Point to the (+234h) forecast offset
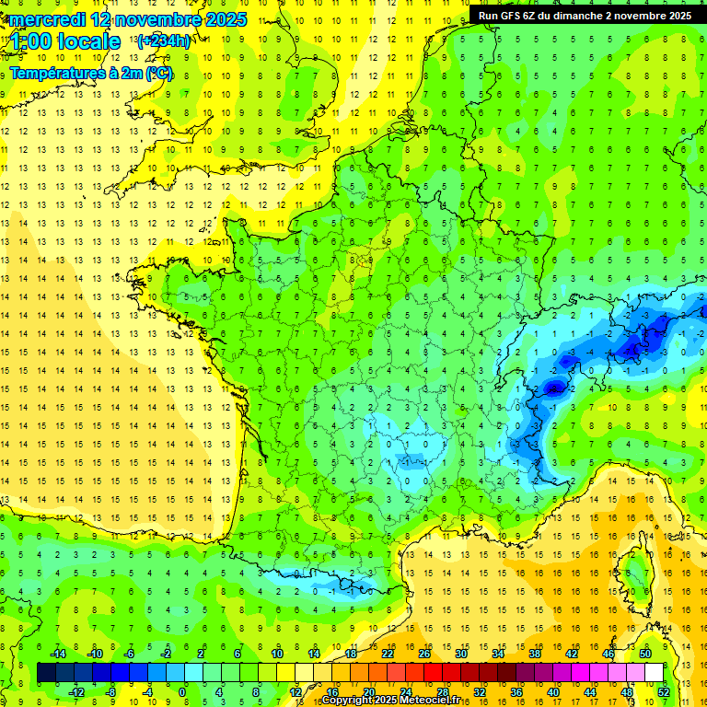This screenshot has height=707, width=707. point(164,41)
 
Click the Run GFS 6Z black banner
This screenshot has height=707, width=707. point(583,15)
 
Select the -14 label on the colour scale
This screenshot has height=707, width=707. point(57,654)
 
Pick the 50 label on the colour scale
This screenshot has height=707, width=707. point(645,654)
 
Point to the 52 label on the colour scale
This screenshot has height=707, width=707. point(664,691)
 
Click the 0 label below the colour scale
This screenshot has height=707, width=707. point(182,691)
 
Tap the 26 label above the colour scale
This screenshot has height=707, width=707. point(424,654)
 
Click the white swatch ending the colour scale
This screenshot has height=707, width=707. point(654,673)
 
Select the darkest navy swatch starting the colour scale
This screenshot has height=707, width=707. point(46,673)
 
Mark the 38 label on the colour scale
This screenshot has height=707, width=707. point(535,654)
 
